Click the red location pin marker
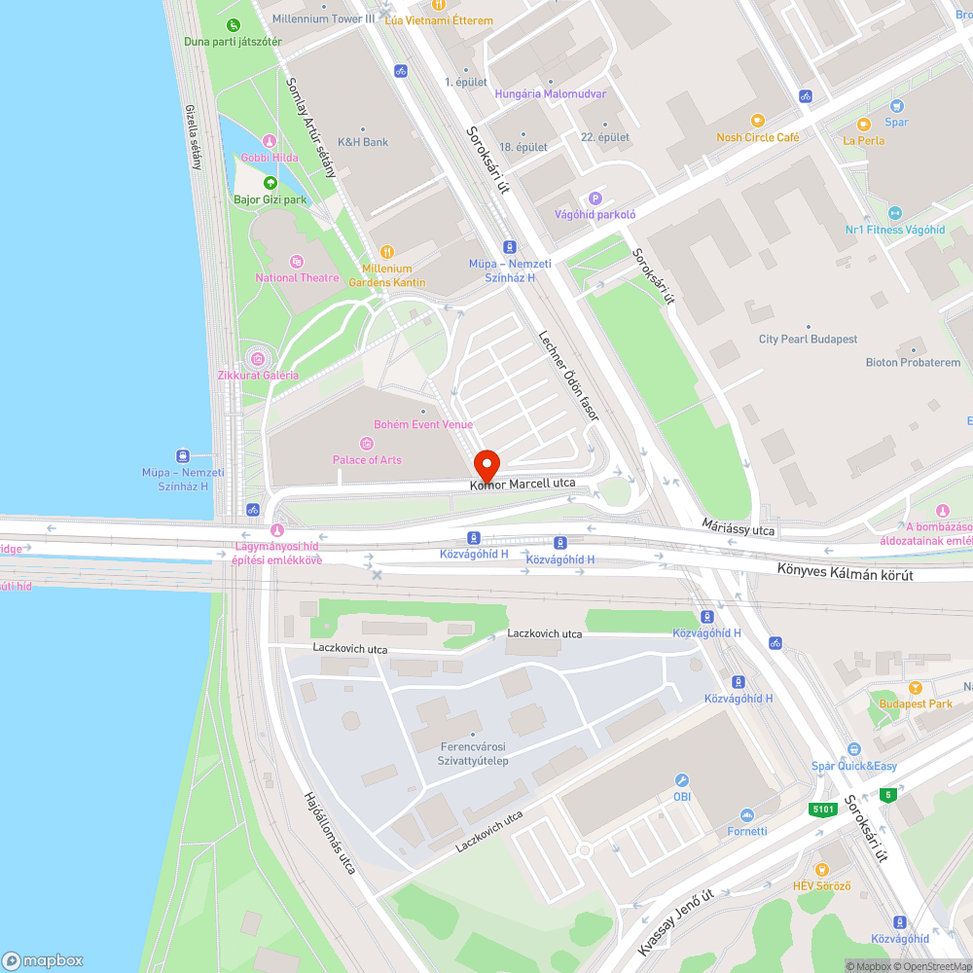(x=486, y=465)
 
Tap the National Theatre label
(x=297, y=277)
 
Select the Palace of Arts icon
(x=367, y=444)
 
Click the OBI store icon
(x=682, y=780)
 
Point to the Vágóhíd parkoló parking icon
(x=595, y=198)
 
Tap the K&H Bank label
(x=362, y=142)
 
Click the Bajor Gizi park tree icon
(x=270, y=183)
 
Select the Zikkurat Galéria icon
(x=258, y=358)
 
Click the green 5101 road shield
(x=822, y=809)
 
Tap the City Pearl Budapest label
(x=808, y=340)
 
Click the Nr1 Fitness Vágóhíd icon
(x=895, y=213)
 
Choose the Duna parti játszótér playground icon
(x=233, y=25)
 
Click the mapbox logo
(x=44, y=959)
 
